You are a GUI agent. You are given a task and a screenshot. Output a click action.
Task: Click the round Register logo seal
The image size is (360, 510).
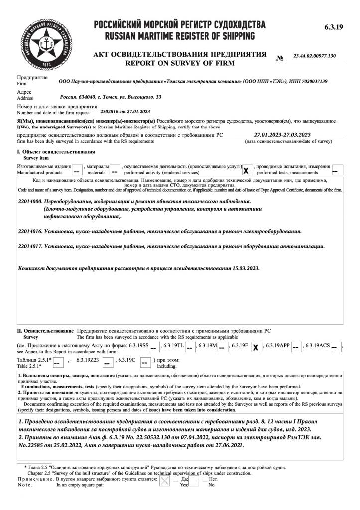coord(44,44)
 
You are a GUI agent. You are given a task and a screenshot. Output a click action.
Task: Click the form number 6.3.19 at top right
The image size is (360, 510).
coord(333,27)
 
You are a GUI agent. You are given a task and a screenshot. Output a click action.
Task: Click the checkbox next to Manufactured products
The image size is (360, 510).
coord(77,170)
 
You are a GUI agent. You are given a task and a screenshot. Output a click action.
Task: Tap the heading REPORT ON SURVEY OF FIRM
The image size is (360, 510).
coord(179,63)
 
